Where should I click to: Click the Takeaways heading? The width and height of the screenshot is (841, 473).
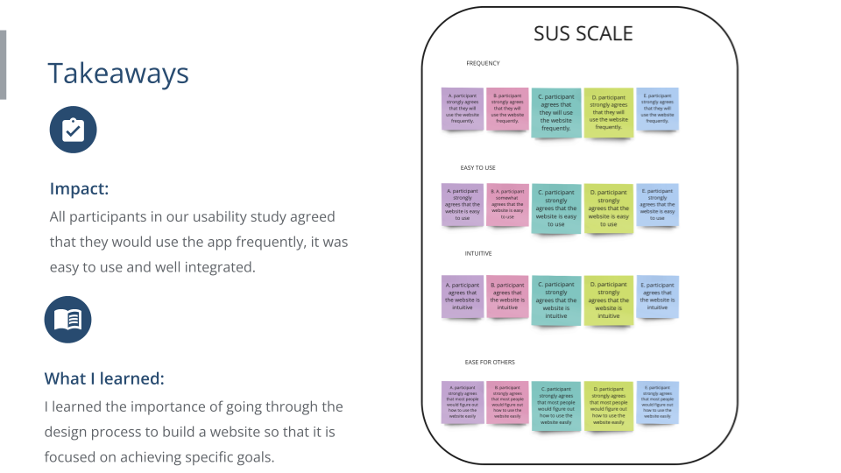[x=118, y=74]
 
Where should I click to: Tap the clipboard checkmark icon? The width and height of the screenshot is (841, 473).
[x=73, y=130]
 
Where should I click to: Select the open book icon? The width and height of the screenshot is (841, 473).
[x=68, y=320]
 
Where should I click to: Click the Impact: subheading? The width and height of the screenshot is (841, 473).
[x=79, y=189]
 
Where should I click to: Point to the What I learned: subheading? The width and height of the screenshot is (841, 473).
[x=104, y=378]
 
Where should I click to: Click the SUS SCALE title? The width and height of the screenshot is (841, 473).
[x=583, y=34]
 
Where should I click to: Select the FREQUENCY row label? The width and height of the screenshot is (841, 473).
[x=483, y=63]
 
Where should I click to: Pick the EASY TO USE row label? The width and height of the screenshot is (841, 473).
[x=478, y=167]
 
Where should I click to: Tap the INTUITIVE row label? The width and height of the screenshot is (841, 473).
[x=478, y=253]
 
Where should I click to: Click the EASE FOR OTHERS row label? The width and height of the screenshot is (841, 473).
[x=490, y=362]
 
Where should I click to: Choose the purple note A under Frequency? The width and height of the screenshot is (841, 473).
[x=462, y=109]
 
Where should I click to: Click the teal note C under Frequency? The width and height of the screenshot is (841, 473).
[x=555, y=112]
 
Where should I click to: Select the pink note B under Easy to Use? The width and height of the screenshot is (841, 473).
[x=507, y=204]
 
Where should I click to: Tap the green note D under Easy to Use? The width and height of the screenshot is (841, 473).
[x=608, y=208]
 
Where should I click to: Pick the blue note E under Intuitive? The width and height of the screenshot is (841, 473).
[x=657, y=296]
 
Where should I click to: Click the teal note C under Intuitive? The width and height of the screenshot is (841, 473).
[x=555, y=300]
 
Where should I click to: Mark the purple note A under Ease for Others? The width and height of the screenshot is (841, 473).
[x=462, y=402]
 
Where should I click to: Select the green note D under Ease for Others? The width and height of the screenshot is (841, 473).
[x=608, y=406]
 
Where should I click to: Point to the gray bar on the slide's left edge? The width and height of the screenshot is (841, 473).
[x=3, y=65]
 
